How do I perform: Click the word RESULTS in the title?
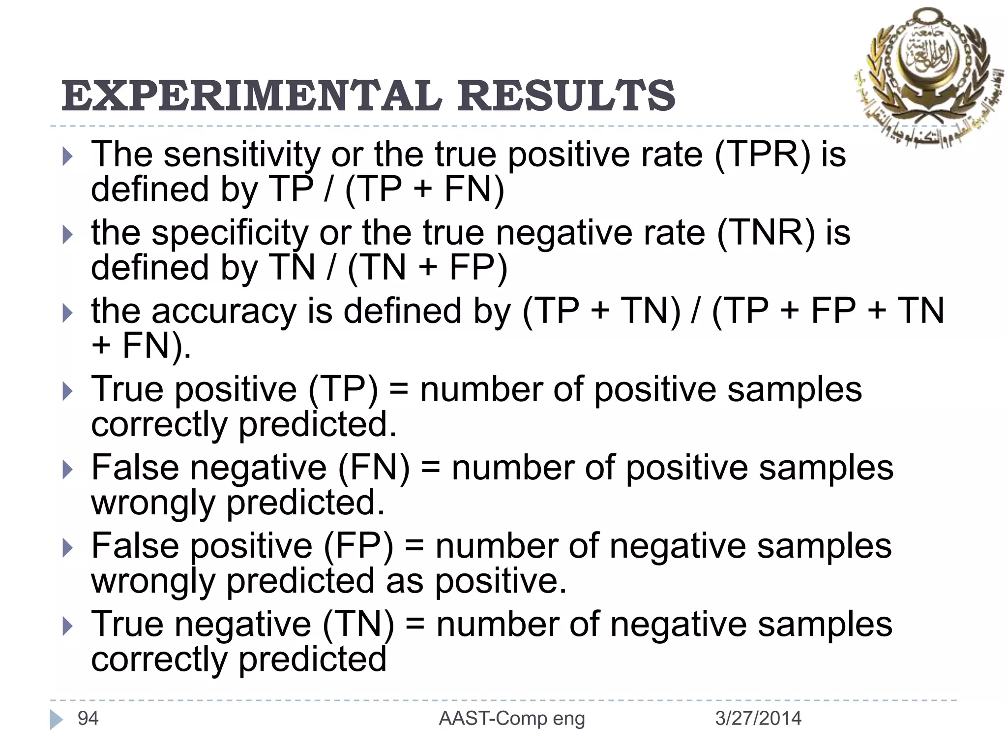tap(566, 95)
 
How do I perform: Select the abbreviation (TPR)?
tap(762, 155)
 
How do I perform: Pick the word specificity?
tap(229, 232)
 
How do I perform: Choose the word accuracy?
tap(224, 311)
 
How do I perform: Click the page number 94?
tap(88, 719)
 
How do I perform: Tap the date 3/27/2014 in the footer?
tap(758, 719)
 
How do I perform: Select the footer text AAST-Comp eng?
tap(512, 719)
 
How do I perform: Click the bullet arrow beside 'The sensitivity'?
tap(67, 157)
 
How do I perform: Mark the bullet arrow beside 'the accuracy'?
tap(67, 314)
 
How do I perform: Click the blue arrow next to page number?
tap(56, 720)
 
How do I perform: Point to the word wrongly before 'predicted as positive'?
tap(153, 582)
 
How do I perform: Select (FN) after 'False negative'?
tap(374, 468)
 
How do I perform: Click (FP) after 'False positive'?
tap(358, 546)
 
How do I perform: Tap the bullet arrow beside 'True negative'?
tap(67, 627)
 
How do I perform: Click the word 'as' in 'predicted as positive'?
tap(404, 582)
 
